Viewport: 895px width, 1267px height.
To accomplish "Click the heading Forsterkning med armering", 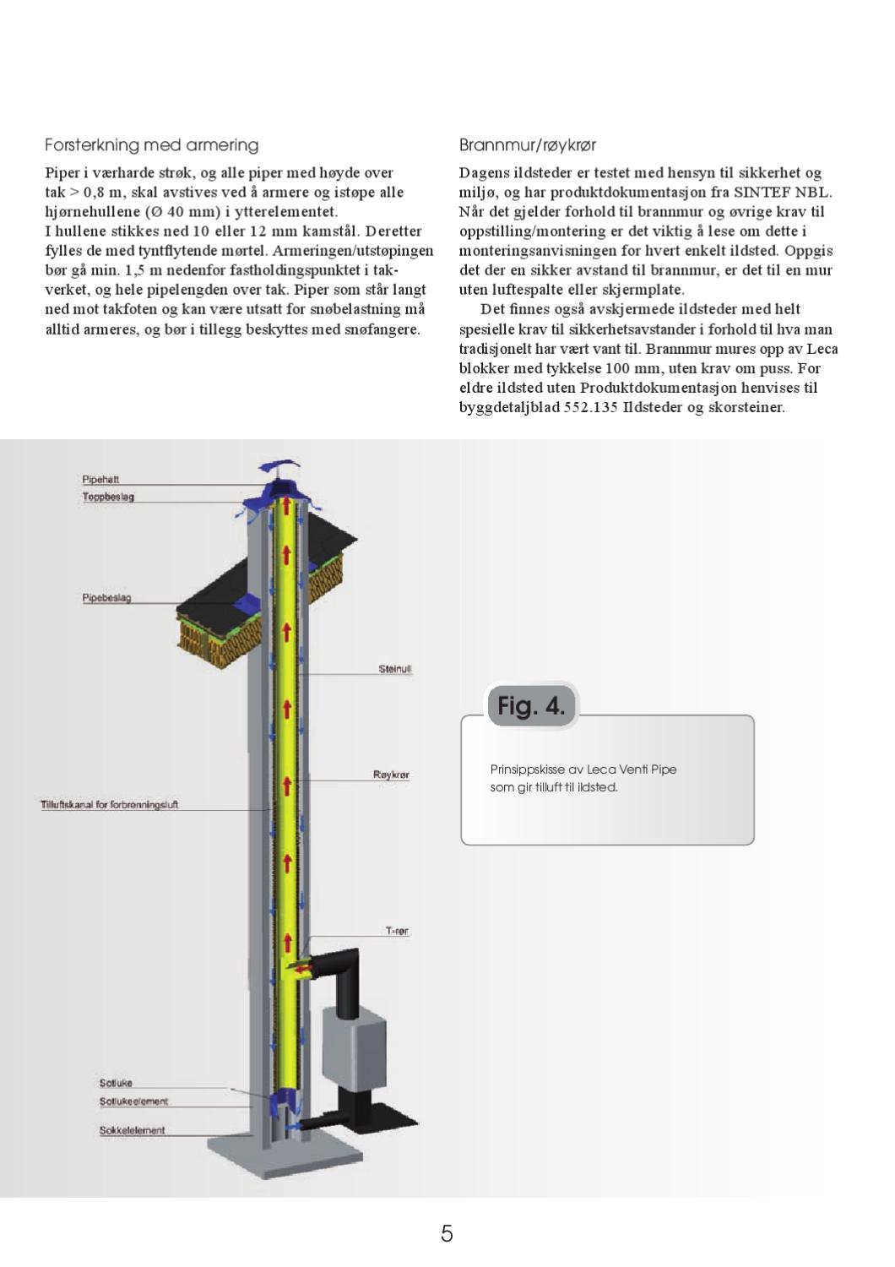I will point(151,145).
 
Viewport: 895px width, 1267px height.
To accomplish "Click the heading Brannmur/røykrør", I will point(528,145).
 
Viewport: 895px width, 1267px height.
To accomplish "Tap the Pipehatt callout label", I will point(100,479).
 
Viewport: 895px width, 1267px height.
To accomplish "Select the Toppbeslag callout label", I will point(108,497).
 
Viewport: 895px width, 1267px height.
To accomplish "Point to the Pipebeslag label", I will point(106,598).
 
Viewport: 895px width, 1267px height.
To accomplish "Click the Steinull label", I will point(394,669).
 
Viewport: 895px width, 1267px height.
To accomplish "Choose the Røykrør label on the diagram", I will point(391,774).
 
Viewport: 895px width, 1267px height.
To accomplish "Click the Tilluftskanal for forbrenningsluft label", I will point(110,804).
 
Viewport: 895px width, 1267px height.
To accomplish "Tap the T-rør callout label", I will point(397,931).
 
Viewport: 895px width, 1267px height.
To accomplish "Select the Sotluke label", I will point(116,1082).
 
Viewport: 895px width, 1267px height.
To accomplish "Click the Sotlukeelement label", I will point(133,1101).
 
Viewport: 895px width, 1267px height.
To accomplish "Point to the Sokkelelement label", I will point(132,1129).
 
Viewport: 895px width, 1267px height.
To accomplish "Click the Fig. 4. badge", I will point(531,705).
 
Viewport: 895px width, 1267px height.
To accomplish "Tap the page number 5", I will point(447,1233).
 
